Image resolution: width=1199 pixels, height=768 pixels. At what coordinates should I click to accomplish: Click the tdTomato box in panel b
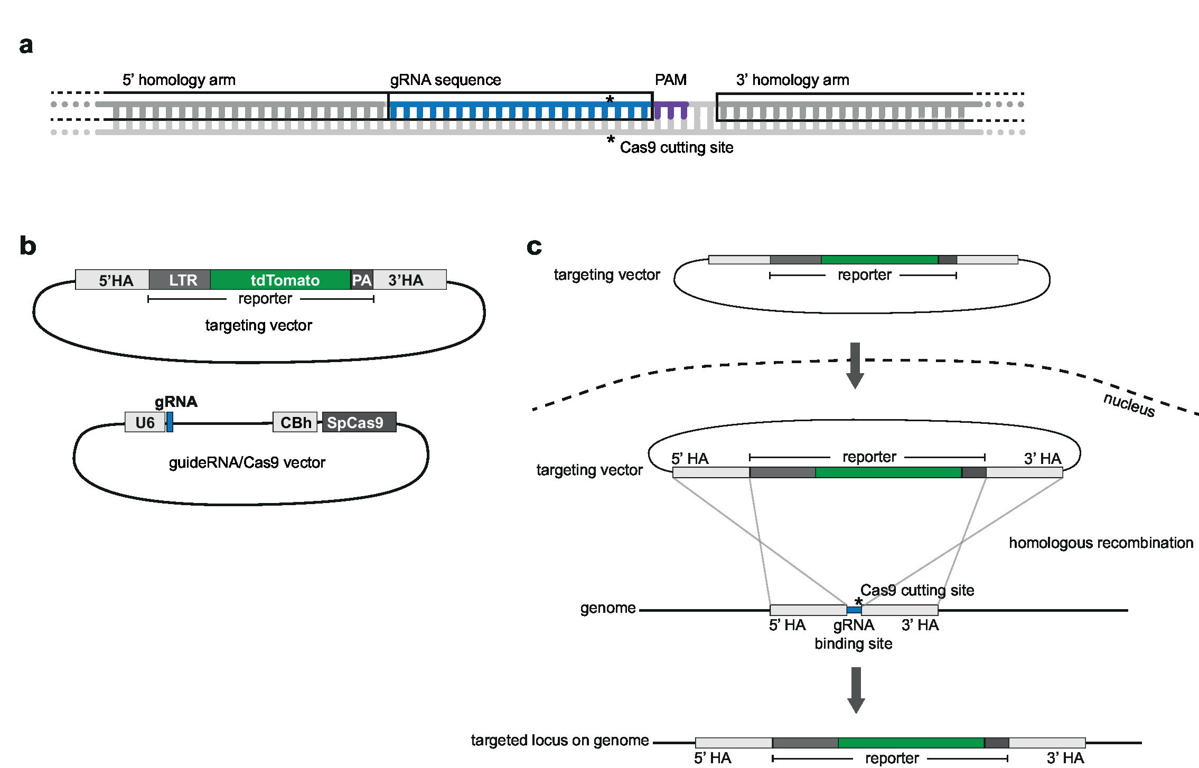click(280, 280)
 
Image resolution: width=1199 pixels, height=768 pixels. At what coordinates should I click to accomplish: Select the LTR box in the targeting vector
click(180, 280)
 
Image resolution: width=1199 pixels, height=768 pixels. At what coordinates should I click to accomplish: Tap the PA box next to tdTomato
click(362, 280)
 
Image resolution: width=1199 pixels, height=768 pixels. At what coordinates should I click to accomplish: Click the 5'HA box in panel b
click(113, 280)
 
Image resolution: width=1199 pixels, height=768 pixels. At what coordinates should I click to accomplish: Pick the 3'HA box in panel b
click(409, 280)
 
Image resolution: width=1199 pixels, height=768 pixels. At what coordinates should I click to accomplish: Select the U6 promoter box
click(145, 422)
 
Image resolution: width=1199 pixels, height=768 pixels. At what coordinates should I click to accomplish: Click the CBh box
click(295, 422)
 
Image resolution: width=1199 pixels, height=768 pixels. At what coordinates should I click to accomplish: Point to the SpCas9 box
click(359, 422)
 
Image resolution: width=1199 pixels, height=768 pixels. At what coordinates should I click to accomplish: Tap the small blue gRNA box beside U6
click(170, 422)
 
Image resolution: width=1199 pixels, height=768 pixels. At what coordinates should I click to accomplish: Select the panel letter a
click(26, 45)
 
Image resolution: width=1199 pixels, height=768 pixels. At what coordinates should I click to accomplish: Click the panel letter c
click(534, 246)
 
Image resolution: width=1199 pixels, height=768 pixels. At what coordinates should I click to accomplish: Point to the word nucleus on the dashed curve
click(1129, 405)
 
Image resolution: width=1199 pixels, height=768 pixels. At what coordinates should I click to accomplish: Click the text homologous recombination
click(1101, 543)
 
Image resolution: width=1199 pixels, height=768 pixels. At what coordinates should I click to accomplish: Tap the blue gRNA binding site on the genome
click(854, 610)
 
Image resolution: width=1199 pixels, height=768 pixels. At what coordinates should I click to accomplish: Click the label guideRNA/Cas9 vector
click(247, 462)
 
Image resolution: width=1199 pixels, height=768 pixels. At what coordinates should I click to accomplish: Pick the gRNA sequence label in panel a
click(445, 80)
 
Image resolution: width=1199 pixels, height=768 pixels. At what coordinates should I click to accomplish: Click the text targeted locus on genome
click(559, 741)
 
